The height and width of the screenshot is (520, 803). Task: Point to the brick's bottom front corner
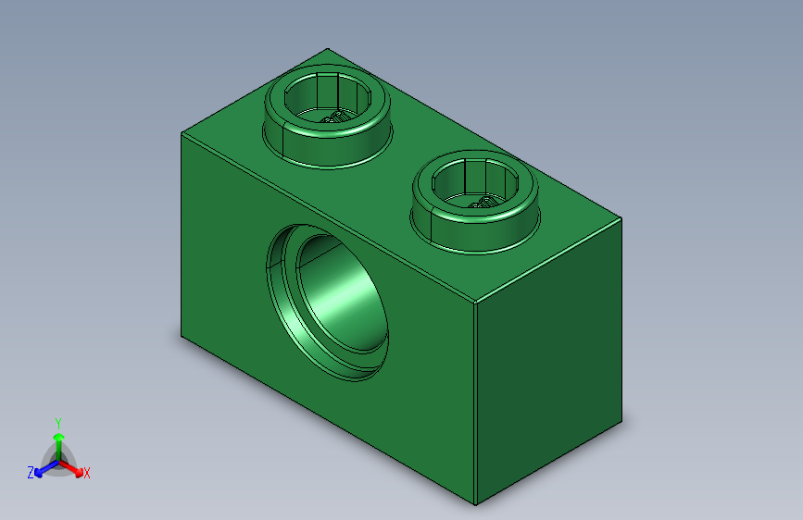pyautogui.click(x=475, y=504)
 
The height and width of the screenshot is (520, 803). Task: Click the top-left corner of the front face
pyautogui.click(x=182, y=132)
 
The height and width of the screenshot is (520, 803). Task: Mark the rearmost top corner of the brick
pyautogui.click(x=327, y=49)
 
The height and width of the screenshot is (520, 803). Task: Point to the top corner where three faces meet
pyautogui.click(x=475, y=303)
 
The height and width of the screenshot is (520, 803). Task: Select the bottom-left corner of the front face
pyautogui.click(x=182, y=337)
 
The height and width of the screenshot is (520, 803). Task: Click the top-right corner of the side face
pyautogui.click(x=621, y=219)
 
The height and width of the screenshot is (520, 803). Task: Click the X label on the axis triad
pyautogui.click(x=87, y=473)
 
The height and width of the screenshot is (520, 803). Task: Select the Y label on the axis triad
pyautogui.click(x=57, y=421)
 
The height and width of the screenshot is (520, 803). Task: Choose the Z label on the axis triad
pyautogui.click(x=31, y=472)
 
